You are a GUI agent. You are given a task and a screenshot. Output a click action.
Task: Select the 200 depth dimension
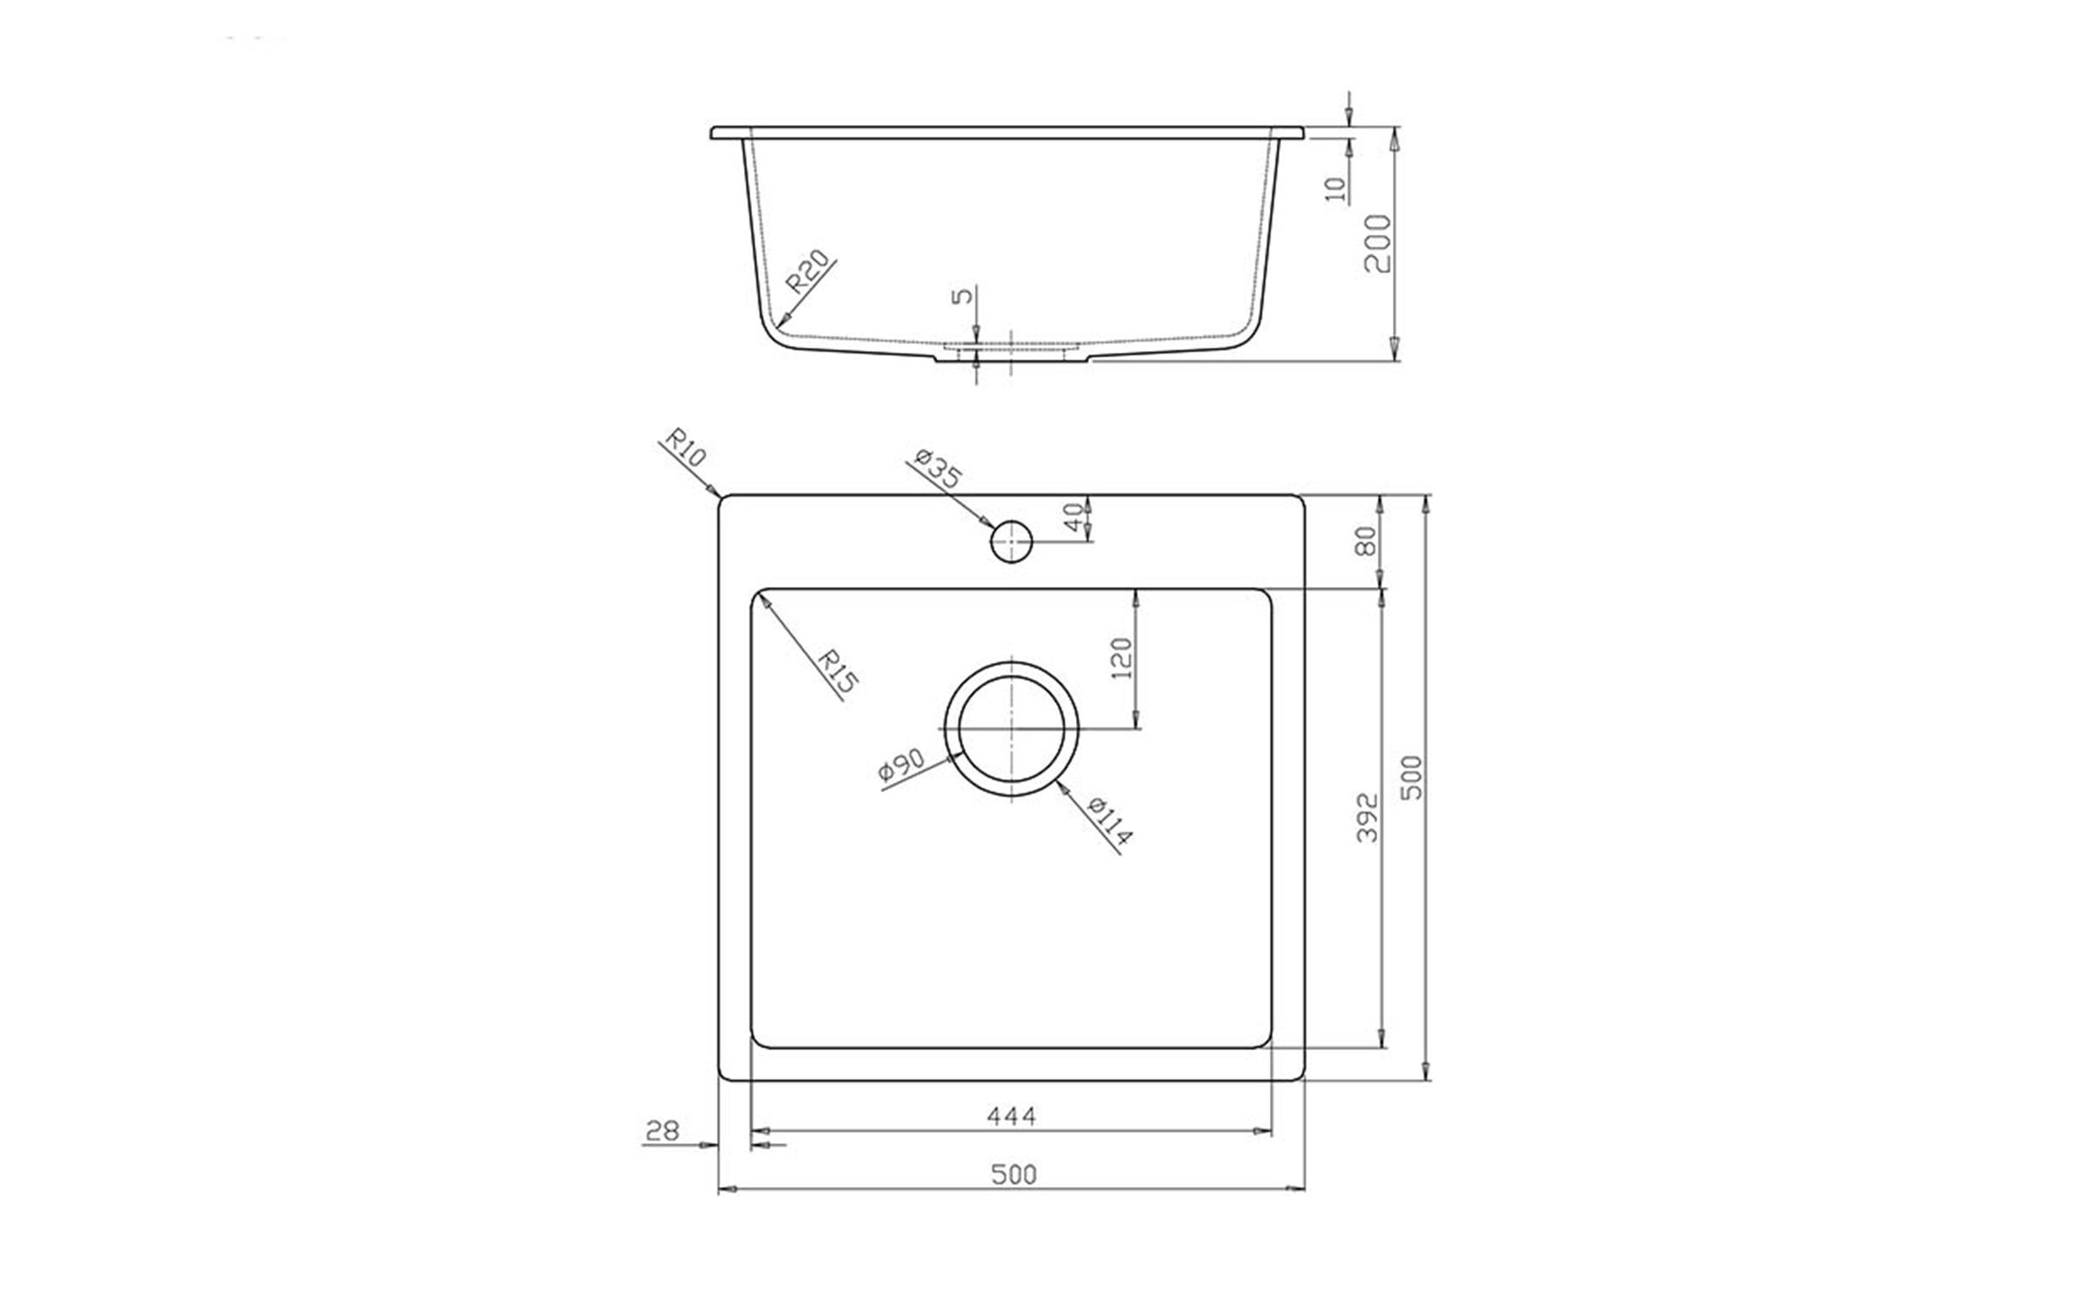tap(1377, 243)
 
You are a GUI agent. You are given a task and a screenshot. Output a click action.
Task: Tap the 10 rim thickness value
tap(1336, 190)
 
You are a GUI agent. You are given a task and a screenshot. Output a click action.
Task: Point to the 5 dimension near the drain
tap(962, 294)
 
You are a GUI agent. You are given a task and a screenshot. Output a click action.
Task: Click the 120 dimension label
tap(1123, 658)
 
